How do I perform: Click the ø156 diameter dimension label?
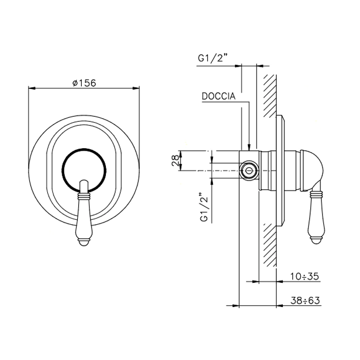84,83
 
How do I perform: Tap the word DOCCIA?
219,96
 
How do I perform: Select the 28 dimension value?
175,160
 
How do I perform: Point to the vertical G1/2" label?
204,207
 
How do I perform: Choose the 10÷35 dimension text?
304,276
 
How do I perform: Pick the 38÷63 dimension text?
305,300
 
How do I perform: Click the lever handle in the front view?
84,213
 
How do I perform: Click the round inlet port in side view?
248,170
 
